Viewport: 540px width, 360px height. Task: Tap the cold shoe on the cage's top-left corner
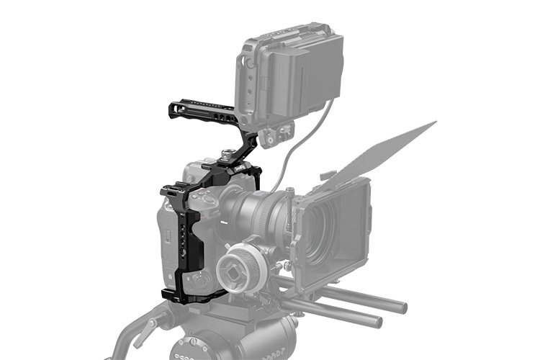click(x=171, y=191)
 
